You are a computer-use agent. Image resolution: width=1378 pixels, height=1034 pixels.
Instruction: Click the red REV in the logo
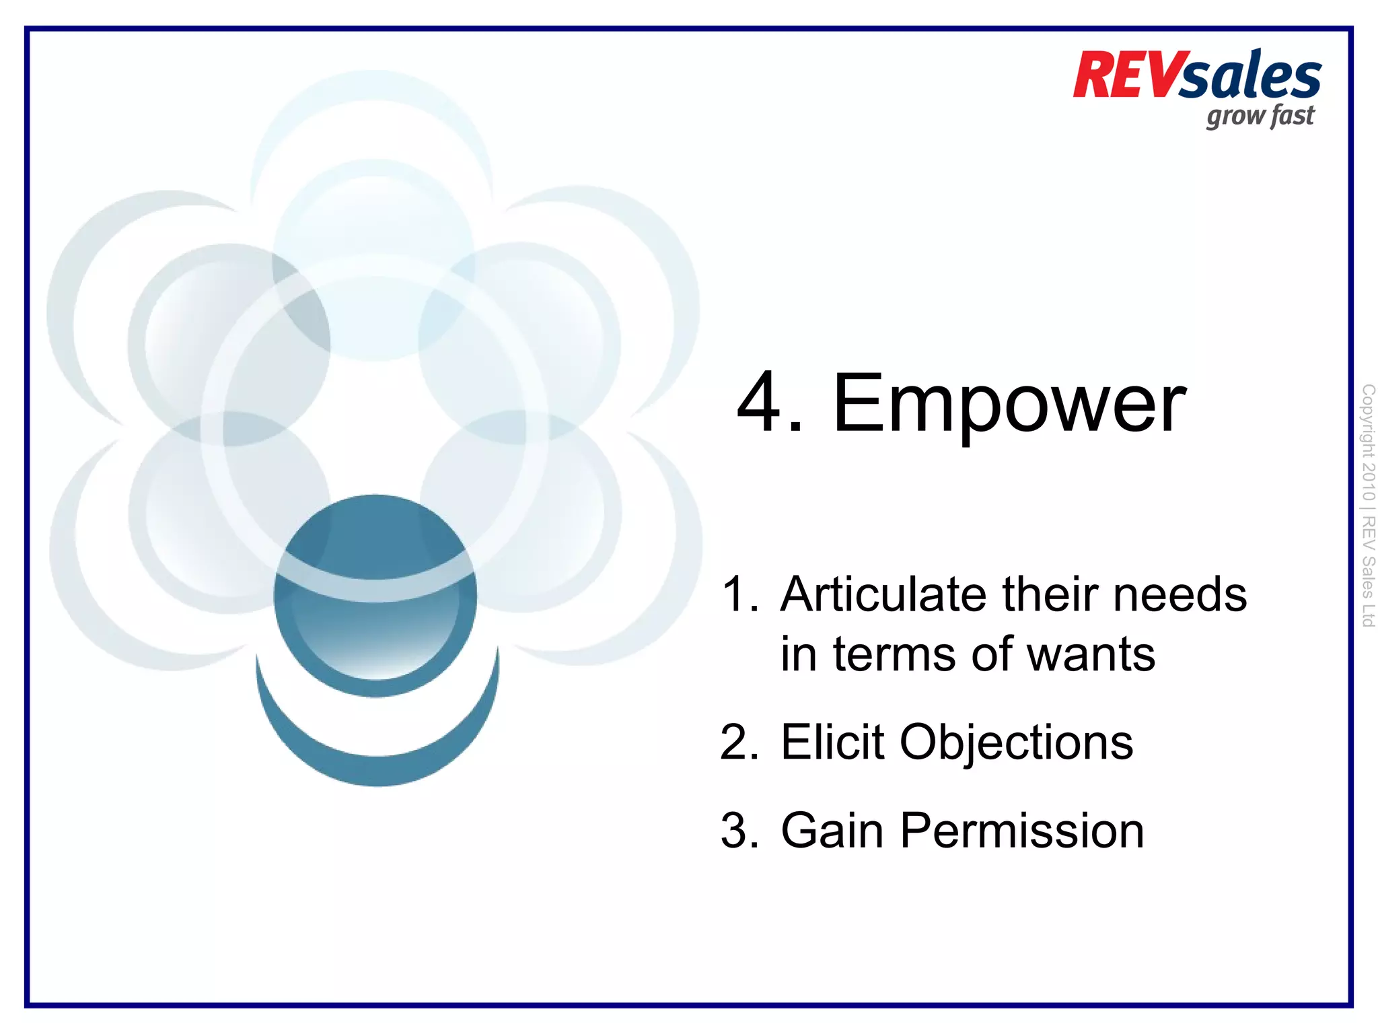tap(1127, 75)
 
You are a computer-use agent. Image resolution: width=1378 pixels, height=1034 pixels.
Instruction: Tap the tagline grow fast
tap(1260, 116)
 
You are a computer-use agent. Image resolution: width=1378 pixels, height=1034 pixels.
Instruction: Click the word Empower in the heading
tap(1009, 404)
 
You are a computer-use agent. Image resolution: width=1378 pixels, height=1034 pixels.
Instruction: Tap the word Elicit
tap(832, 743)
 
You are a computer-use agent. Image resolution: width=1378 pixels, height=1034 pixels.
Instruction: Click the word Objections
tap(1016, 743)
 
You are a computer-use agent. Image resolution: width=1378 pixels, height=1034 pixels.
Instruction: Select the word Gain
tap(832, 831)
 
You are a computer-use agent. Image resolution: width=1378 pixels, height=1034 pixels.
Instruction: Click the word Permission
tap(1021, 831)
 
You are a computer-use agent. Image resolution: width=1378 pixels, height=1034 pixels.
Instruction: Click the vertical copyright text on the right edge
tap(1367, 505)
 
